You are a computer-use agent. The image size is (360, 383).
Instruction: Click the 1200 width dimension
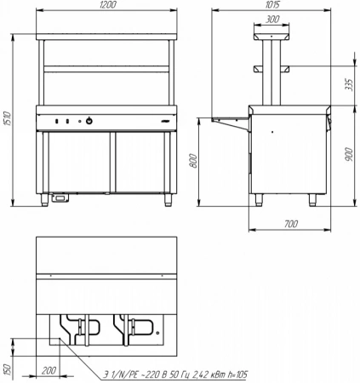(x=108, y=5)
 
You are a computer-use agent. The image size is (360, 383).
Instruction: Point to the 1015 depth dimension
(x=272, y=4)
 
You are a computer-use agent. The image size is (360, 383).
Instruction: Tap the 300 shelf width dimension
(x=272, y=20)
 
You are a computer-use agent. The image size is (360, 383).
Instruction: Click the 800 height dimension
(x=193, y=161)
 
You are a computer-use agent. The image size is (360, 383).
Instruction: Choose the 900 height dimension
(x=349, y=154)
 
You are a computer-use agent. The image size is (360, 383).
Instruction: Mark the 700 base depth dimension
(x=291, y=224)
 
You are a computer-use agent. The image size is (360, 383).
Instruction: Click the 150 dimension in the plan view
(x=8, y=369)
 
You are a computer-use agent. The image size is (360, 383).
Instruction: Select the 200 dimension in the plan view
(x=49, y=370)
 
